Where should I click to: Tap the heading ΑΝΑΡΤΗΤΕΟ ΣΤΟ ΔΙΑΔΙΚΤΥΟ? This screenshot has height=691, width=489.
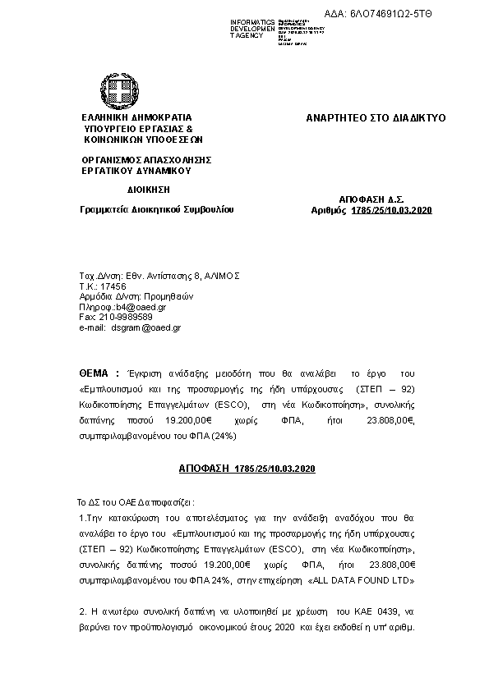click(x=376, y=118)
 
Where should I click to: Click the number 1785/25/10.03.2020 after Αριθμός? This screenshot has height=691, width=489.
click(x=391, y=211)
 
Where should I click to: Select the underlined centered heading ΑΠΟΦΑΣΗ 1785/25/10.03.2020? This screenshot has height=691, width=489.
click(x=247, y=468)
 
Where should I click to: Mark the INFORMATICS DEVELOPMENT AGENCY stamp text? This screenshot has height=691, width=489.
click(x=252, y=30)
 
